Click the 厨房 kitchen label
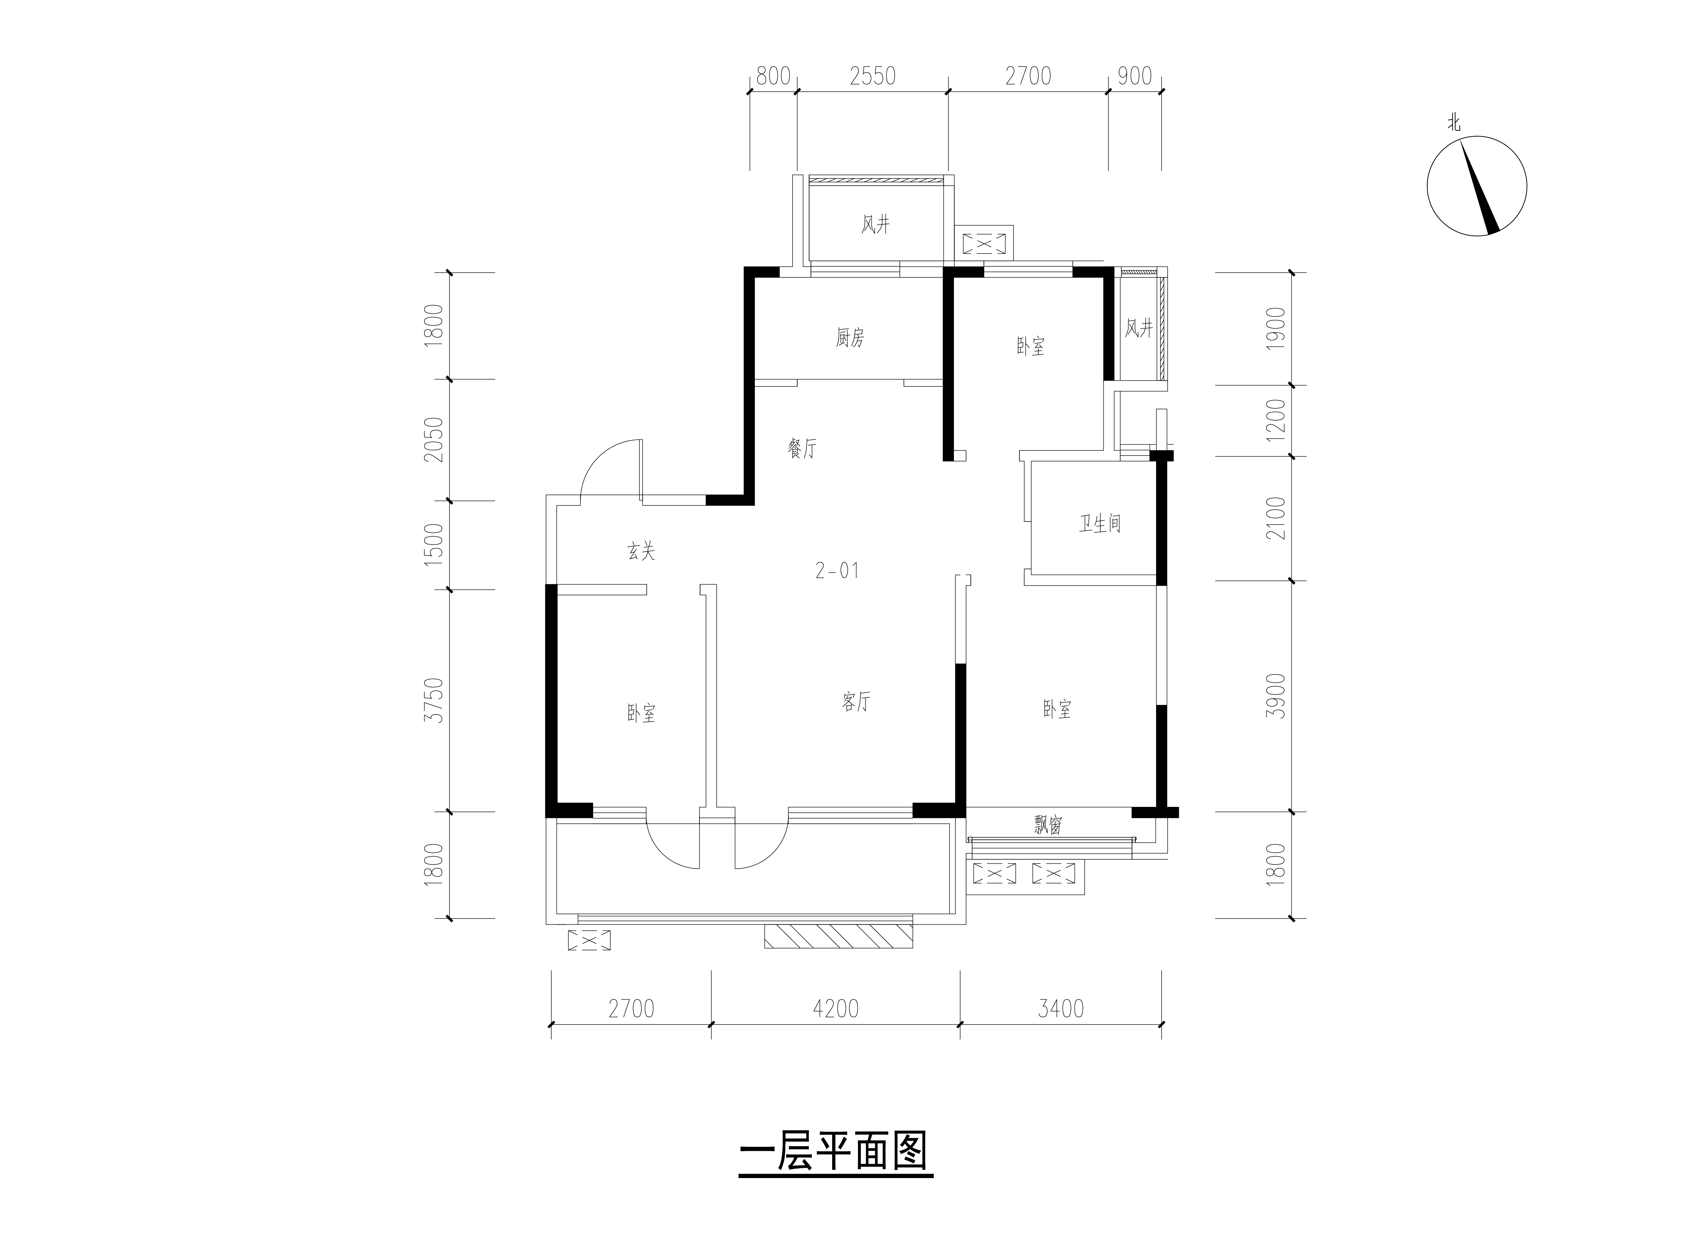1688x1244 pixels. (x=850, y=338)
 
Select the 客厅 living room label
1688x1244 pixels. (x=856, y=702)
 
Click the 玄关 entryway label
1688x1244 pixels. (x=642, y=552)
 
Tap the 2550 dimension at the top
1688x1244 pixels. (x=873, y=76)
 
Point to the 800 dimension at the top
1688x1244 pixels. (x=773, y=76)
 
